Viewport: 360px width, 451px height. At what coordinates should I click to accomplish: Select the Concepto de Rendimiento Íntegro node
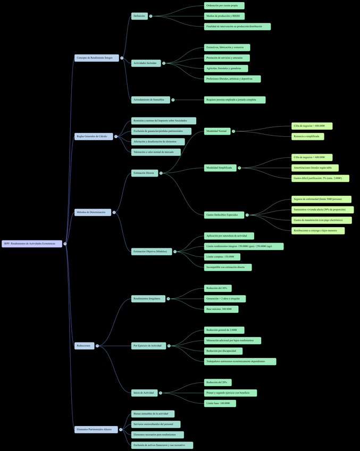[96, 57]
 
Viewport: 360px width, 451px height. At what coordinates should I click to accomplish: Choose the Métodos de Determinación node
[93, 212]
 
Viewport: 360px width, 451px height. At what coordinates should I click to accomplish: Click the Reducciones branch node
[84, 346]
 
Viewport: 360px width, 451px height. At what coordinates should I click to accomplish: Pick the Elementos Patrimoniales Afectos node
[96, 429]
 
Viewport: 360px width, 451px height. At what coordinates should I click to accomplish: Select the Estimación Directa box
[145, 173]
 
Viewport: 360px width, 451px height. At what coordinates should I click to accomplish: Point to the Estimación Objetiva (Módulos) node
[152, 252]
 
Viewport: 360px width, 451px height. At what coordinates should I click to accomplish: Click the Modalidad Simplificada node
[220, 168]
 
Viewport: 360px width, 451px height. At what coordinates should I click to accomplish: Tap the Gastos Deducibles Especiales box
[224, 215]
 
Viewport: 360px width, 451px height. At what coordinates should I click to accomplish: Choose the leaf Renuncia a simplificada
[307, 137]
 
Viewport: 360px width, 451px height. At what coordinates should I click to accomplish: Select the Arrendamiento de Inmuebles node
[150, 99]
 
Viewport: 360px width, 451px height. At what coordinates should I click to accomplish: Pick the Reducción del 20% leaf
[217, 382]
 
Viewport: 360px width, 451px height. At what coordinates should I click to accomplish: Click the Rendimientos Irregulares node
[148, 298]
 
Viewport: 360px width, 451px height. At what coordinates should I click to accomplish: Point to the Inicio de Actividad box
[144, 393]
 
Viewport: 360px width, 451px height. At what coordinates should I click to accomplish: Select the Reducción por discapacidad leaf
[223, 351]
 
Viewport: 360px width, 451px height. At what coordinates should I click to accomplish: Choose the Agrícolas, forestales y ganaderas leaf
[225, 68]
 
